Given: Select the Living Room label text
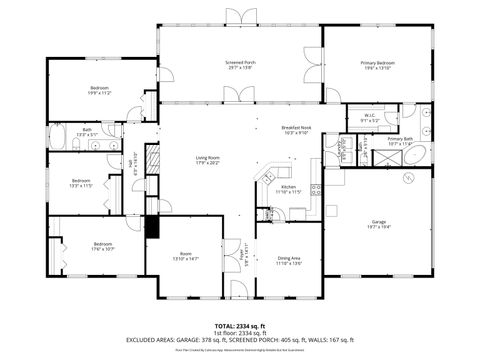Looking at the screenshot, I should [207, 159].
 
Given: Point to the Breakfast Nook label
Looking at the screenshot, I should [299, 130].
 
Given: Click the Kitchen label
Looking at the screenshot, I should [288, 188].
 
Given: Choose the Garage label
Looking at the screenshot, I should [378, 223].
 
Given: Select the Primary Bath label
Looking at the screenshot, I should [400, 140].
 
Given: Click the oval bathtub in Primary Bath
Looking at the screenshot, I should [421, 155].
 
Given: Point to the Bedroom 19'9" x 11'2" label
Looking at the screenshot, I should [99, 91].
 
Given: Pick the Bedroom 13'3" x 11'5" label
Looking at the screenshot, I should [81, 183].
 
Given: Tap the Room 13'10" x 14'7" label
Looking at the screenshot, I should [184, 256].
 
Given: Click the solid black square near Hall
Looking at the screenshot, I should [152, 226].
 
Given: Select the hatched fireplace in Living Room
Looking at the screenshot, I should [152, 161].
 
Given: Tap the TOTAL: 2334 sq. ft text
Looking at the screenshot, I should [239, 326].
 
